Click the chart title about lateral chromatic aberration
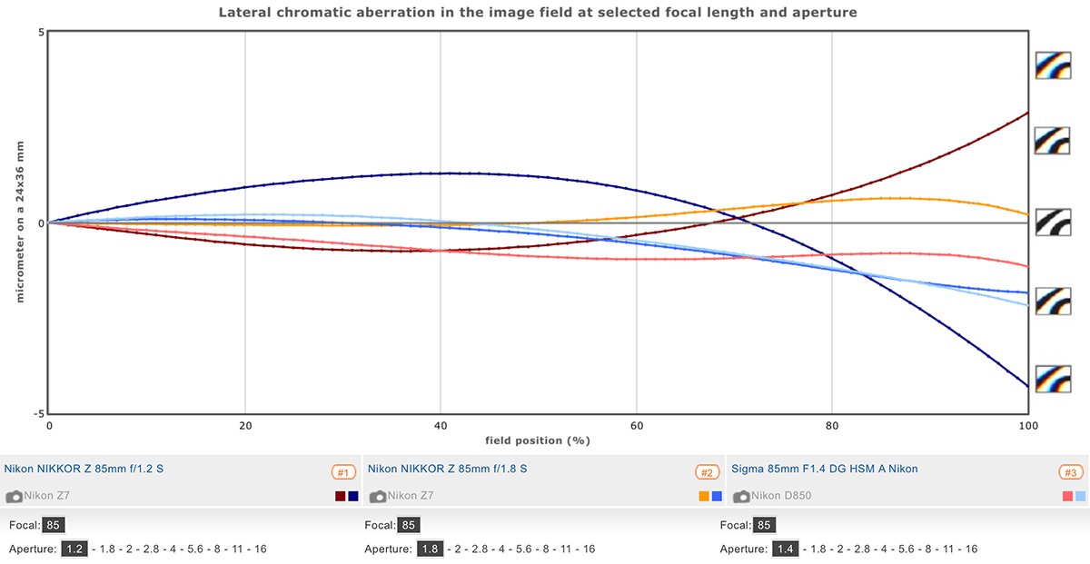click(538, 13)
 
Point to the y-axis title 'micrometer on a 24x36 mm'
click(20, 222)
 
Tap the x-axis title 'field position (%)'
click(538, 440)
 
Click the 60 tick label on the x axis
click(636, 425)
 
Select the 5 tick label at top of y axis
click(41, 32)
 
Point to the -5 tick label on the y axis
click(38, 413)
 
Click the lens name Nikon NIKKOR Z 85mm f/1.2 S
click(84, 469)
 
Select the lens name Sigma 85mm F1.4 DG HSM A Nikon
click(824, 469)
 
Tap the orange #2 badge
click(707, 472)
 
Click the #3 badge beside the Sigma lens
click(1070, 472)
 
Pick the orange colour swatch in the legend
click(703, 496)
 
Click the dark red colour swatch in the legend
click(340, 496)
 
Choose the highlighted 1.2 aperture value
click(74, 549)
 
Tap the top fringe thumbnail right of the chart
click(1053, 65)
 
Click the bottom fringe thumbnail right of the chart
click(1053, 378)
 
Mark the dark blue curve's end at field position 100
click(1027, 387)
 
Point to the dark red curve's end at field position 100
click(1027, 113)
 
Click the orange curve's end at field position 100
click(1027, 214)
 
